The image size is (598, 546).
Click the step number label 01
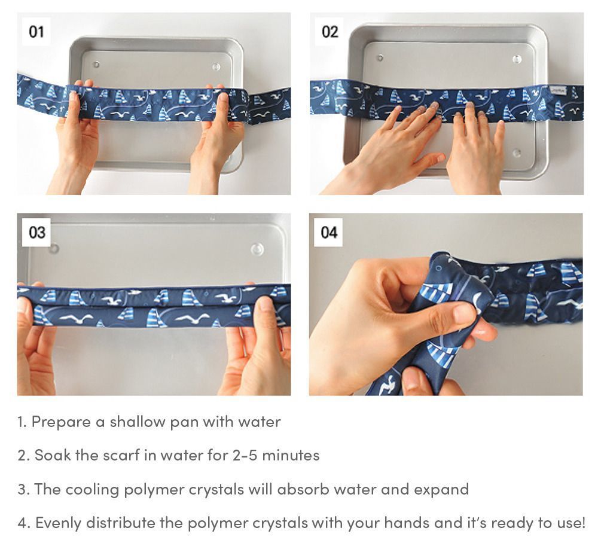(x=36, y=32)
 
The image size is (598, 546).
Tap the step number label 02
(x=329, y=32)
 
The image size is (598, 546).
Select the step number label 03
(x=37, y=232)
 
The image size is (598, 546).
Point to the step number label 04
(x=329, y=232)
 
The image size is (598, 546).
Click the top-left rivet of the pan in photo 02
(x=379, y=58)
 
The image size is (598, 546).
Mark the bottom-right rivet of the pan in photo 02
(x=517, y=153)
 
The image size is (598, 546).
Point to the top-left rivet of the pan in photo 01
(x=96, y=64)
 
